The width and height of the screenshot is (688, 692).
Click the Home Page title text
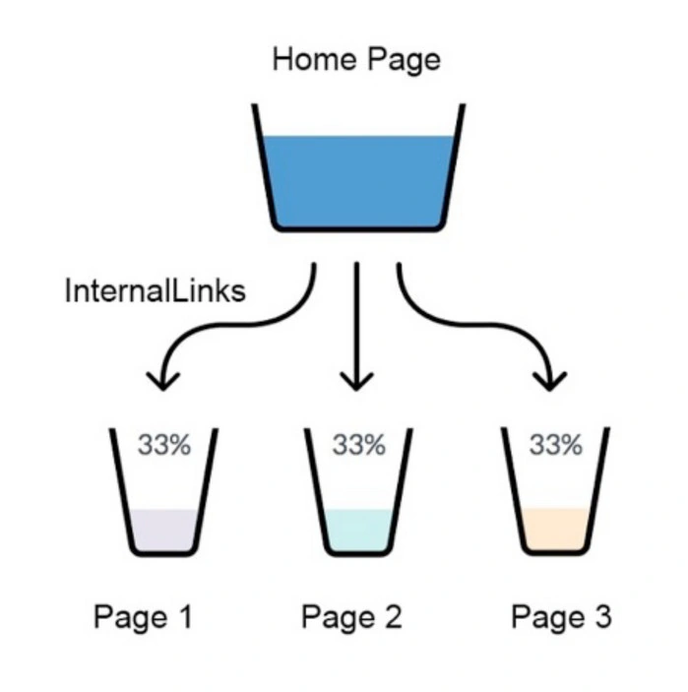coord(356,60)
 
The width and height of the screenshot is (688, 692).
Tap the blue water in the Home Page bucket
coord(357,180)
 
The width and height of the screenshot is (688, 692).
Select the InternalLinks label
coord(155,290)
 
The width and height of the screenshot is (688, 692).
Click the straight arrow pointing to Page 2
coord(356,326)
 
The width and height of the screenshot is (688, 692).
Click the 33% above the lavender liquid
coord(164,444)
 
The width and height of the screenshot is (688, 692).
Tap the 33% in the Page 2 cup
coord(359,444)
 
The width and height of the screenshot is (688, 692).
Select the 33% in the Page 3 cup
coord(555,444)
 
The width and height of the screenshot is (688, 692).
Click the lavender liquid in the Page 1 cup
coord(163,530)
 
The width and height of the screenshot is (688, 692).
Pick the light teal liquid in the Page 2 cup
coord(358,530)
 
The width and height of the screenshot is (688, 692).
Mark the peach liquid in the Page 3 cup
coord(555,529)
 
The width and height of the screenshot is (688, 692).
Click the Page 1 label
coord(144,617)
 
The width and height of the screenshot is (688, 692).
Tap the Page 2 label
coord(351,617)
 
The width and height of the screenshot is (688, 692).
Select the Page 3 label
coord(561,617)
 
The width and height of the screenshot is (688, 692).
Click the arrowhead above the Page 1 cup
coord(163,382)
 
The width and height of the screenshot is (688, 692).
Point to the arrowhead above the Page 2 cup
coord(356,382)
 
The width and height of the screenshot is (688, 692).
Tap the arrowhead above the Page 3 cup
coord(550,382)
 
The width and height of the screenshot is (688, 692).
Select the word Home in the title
coord(314,59)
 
